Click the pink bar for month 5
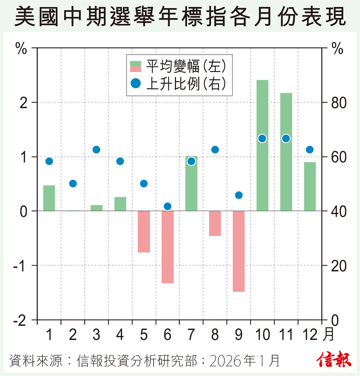(x=144, y=231)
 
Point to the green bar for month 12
(x=310, y=186)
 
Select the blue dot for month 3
(x=96, y=150)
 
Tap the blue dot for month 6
(x=168, y=206)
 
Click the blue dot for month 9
(x=239, y=195)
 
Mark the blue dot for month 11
(x=286, y=138)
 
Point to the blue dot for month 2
(x=73, y=184)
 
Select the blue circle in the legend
(x=136, y=83)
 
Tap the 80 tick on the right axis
(x=339, y=103)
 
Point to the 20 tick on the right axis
(x=339, y=266)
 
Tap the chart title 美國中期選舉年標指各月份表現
(x=180, y=17)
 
